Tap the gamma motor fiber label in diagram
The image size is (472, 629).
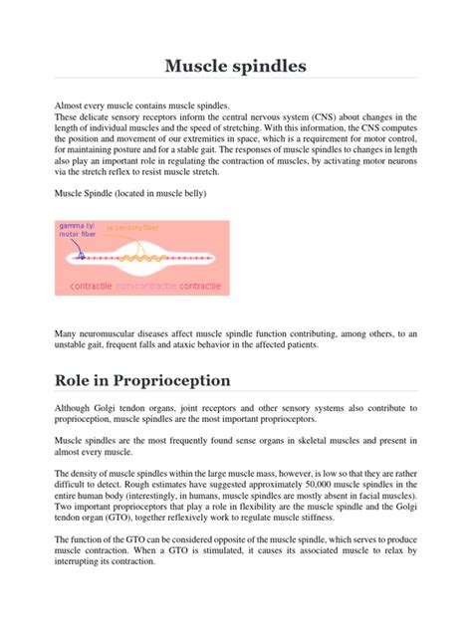click(x=78, y=230)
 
